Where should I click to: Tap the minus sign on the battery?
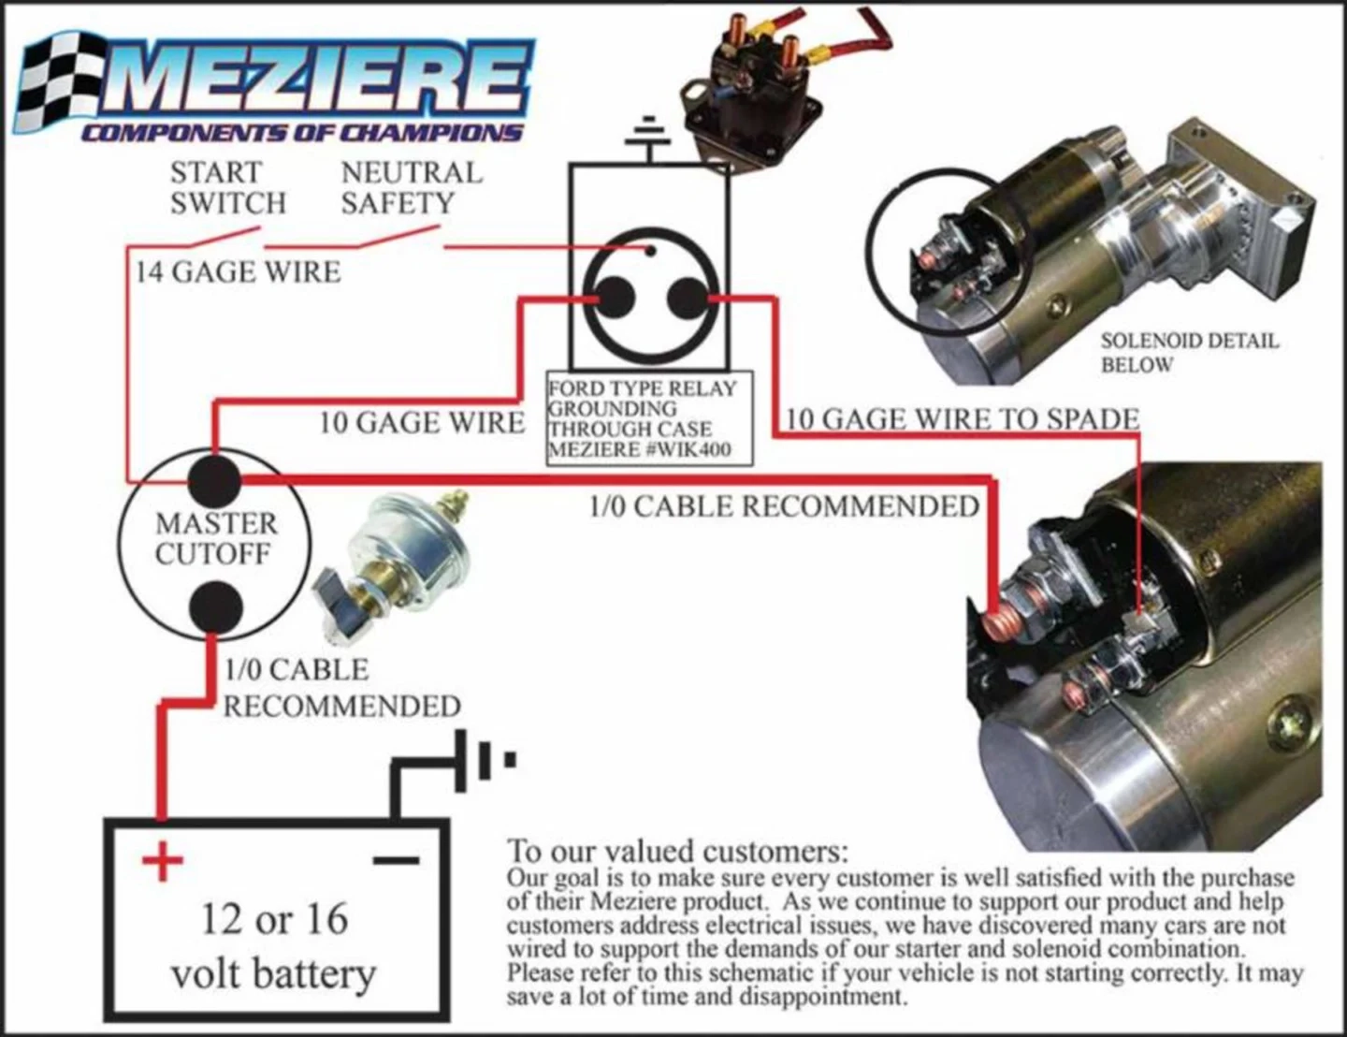[x=396, y=859]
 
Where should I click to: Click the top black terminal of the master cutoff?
[x=214, y=480]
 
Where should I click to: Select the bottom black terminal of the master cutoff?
[x=214, y=607]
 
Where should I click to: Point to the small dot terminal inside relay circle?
[x=651, y=250]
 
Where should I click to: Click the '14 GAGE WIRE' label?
[x=238, y=272]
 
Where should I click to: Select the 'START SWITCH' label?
[x=227, y=188]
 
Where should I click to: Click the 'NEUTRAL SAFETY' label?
[x=412, y=188]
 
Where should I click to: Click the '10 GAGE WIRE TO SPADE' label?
[x=962, y=418]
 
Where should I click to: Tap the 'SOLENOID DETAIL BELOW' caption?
[x=1188, y=352]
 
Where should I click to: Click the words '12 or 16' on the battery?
[x=275, y=918]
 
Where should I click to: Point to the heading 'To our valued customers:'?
[x=677, y=852]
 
